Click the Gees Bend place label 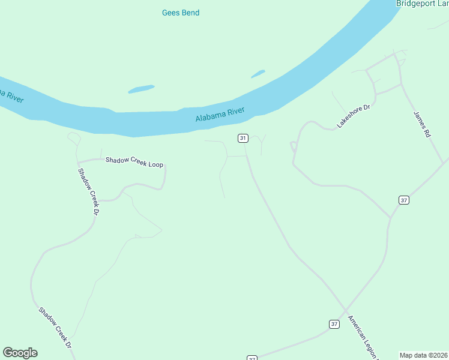click(181, 13)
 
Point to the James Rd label click(422, 125)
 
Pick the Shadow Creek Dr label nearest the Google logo click(55, 328)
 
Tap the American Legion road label click(363, 336)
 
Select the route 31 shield click(243, 138)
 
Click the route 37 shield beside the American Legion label click(334, 324)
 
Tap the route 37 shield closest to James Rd click(404, 200)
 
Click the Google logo click(20, 353)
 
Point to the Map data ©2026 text click(424, 355)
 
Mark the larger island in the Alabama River click(140, 89)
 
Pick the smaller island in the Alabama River click(258, 74)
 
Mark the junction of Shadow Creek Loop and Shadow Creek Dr click(78, 161)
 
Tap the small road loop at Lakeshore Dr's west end click(294, 145)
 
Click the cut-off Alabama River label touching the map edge click(10, 95)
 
